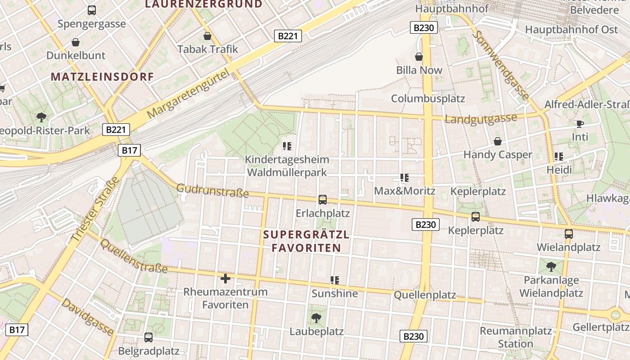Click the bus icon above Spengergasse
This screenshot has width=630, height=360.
click(92, 10)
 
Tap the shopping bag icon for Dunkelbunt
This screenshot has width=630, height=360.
click(76, 42)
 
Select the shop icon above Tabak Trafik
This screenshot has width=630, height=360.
click(207, 36)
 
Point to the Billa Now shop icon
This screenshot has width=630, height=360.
click(419, 57)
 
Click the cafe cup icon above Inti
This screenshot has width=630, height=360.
click(580, 124)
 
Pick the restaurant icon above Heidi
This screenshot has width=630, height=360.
click(559, 157)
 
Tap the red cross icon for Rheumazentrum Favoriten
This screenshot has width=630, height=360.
click(225, 279)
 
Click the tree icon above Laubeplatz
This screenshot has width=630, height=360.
click(316, 318)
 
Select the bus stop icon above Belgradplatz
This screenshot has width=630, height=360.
click(148, 337)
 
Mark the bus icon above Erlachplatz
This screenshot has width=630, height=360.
click(323, 199)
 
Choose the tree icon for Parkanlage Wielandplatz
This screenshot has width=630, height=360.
click(551, 267)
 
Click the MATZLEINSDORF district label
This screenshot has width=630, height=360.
click(103, 76)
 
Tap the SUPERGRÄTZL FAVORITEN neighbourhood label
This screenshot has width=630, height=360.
click(306, 241)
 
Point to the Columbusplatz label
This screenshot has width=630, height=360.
click(428, 99)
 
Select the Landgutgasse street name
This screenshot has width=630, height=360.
click(481, 119)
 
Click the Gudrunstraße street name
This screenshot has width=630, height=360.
click(212, 190)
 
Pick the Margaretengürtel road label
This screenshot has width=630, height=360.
click(188, 94)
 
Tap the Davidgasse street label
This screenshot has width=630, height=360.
click(88, 316)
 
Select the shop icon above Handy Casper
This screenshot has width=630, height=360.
click(498, 141)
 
